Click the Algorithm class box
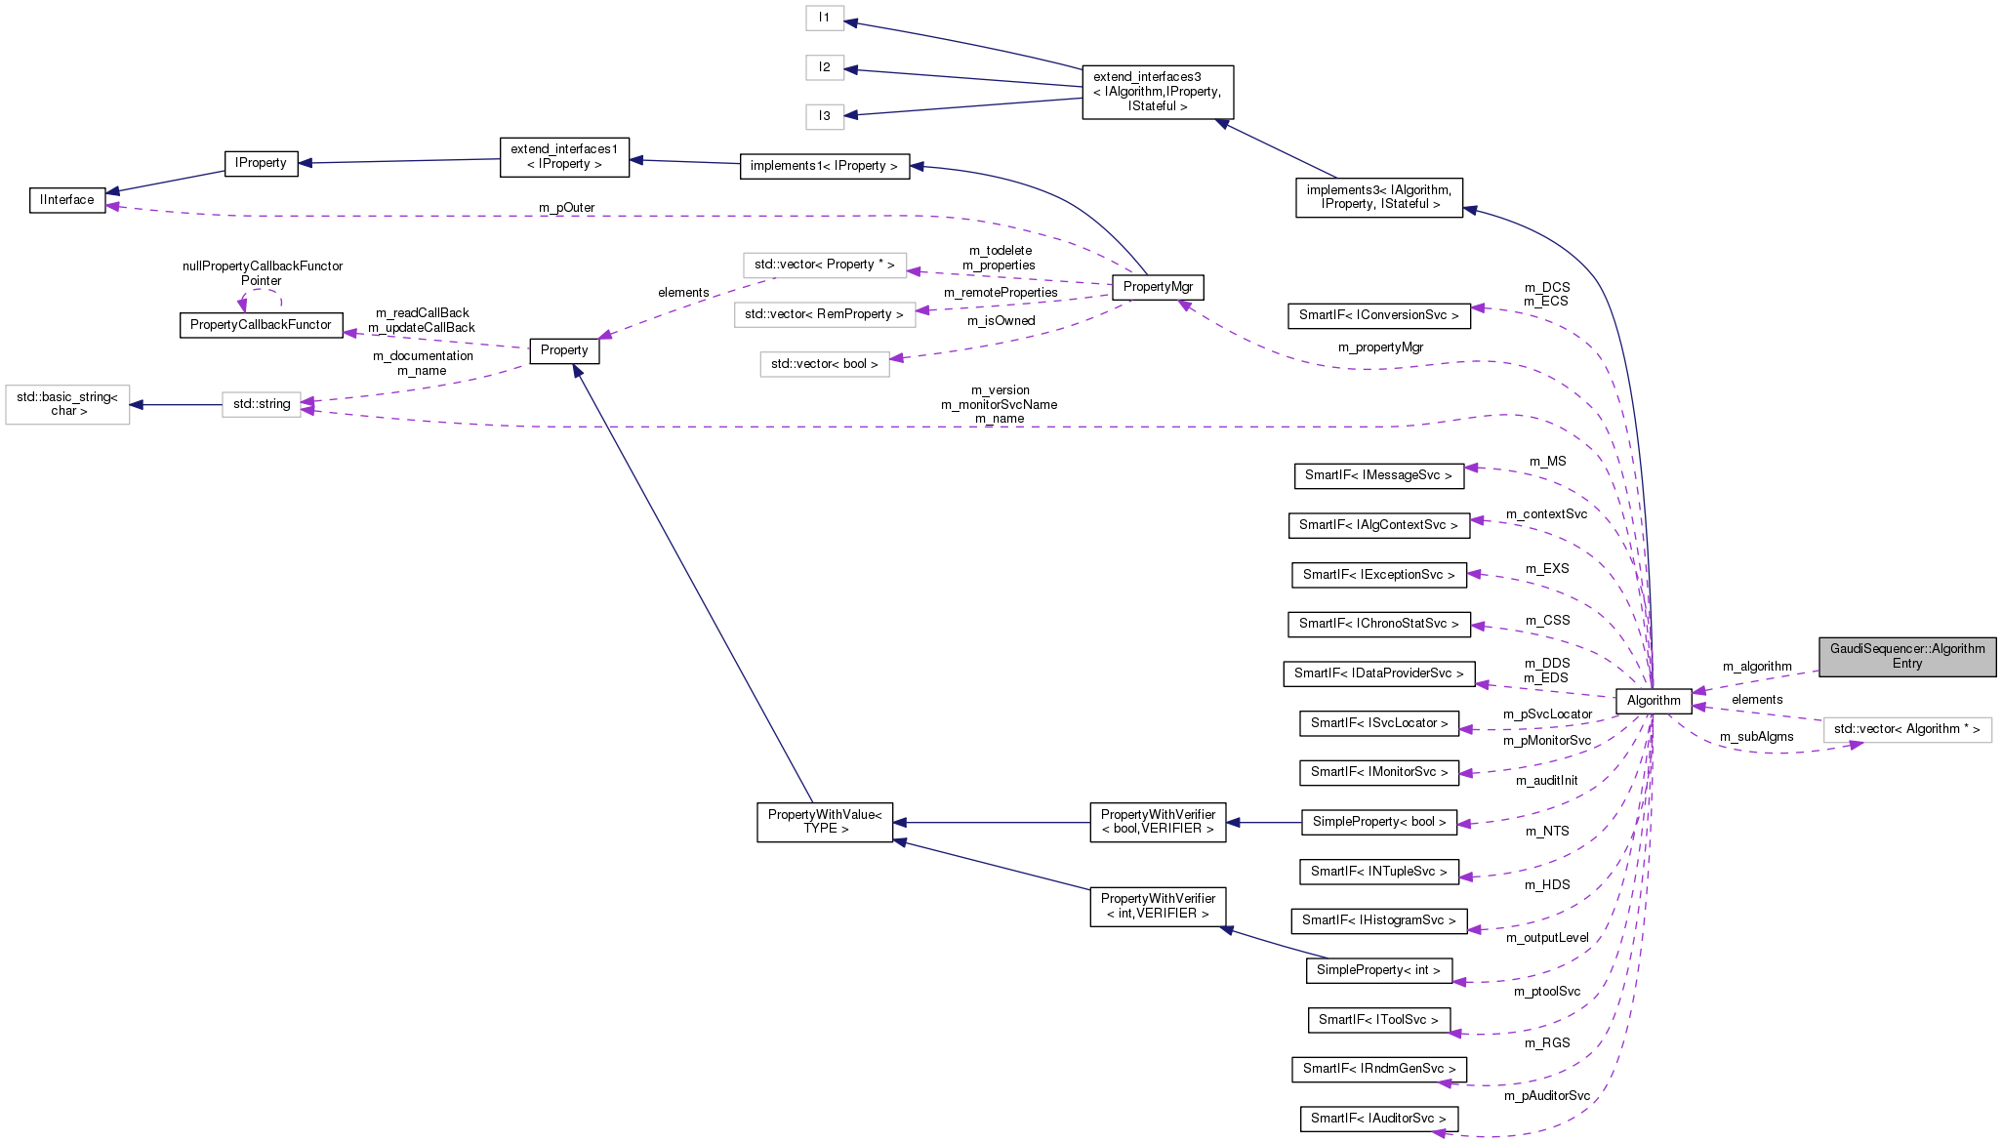1654,700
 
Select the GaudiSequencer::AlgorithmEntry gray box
1906,656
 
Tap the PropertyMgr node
1158,287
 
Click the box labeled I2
825,67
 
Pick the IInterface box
67,200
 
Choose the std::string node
262,404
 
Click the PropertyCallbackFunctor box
261,325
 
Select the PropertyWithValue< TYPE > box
825,822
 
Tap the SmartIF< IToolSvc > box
1378,1020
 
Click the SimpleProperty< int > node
1378,970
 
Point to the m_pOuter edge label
566,208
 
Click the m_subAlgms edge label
1756,737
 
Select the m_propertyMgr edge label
1380,347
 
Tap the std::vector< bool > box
825,364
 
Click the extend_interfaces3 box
1158,92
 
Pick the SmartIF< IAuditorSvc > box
1378,1119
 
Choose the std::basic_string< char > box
67,404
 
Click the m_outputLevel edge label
1547,938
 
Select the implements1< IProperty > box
824,166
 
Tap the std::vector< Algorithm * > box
1906,729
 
